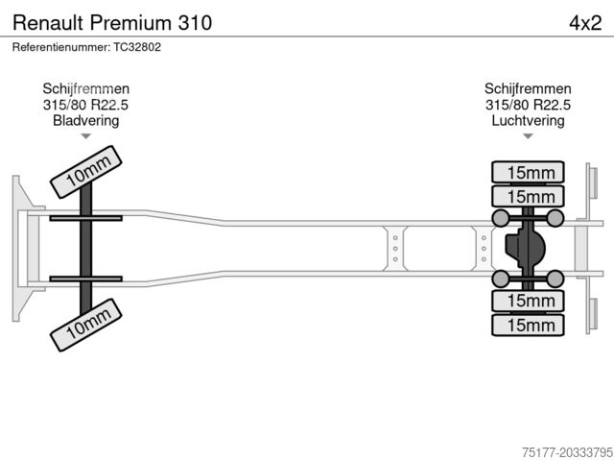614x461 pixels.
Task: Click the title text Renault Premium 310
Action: click(112, 22)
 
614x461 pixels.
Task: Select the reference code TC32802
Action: click(137, 46)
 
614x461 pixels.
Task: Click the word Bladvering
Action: click(86, 121)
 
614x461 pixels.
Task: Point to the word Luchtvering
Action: click(528, 121)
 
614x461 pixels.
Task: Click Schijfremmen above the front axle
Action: click(86, 88)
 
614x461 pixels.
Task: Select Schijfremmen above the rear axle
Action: click(528, 88)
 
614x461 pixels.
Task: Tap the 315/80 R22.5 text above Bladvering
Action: click(86, 105)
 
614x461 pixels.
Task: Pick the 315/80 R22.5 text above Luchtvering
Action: click(528, 105)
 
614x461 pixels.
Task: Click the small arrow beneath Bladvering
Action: click(86, 136)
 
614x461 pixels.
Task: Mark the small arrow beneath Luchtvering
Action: click(528, 136)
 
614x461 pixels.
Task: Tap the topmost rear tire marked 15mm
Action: click(528, 173)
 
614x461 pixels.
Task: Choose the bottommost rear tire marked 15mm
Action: click(528, 326)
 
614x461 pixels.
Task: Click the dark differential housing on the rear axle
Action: click(523, 249)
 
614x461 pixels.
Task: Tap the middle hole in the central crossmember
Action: click(395, 248)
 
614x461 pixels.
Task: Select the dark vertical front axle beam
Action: click(86, 248)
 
